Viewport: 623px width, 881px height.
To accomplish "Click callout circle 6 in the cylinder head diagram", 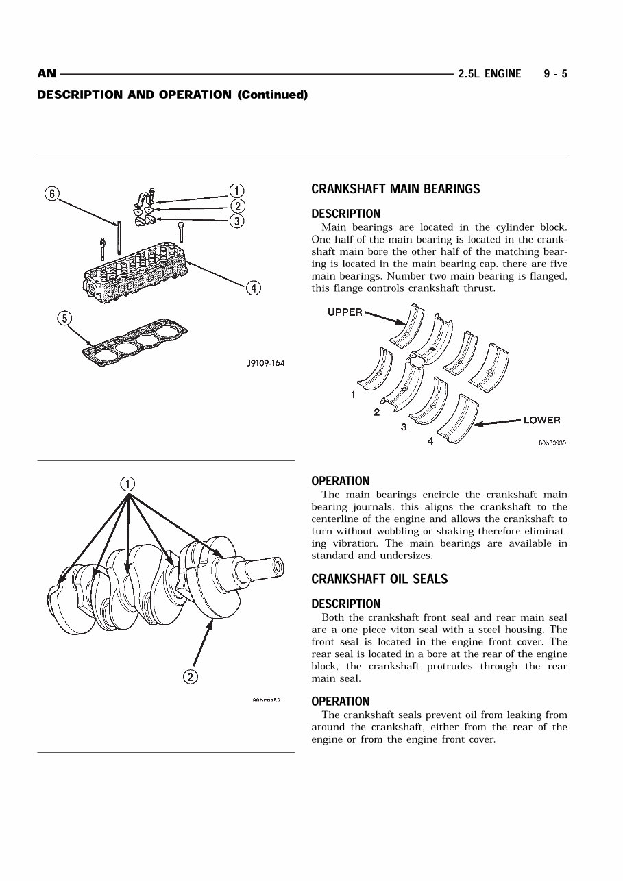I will [52, 193].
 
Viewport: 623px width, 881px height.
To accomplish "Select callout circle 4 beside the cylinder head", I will [254, 288].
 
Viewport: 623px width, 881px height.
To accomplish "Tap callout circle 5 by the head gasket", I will [64, 318].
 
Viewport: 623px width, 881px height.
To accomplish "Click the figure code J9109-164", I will [265, 363].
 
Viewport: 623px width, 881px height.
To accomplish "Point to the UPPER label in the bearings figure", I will [345, 312].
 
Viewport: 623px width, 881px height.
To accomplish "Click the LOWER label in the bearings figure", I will [541, 420].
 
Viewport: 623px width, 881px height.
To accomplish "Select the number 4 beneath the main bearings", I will [430, 442].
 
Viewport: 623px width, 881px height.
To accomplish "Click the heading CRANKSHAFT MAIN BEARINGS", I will [395, 189].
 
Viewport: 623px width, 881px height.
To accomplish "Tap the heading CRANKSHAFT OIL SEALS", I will [379, 580].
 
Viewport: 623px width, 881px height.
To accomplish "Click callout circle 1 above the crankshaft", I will [128, 484].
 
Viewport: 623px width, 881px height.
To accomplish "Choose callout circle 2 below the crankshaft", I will [190, 678].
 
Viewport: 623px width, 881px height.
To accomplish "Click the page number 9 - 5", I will [555, 74].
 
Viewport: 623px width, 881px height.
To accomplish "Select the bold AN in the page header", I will [46, 74].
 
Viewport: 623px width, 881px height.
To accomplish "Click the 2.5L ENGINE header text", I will [489, 74].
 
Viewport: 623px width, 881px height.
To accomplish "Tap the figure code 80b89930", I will [552, 443].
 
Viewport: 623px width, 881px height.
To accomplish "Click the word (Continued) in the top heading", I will [272, 95].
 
